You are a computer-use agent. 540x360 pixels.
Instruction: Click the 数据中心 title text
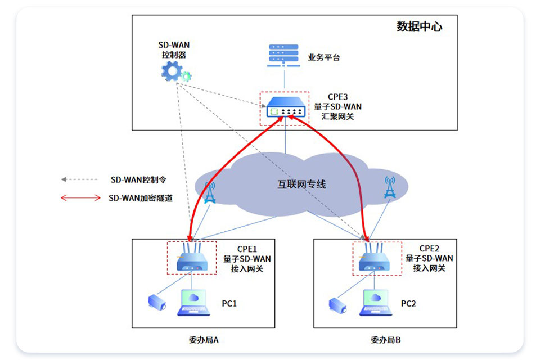[x=419, y=26]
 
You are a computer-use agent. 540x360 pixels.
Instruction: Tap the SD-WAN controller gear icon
[x=175, y=71]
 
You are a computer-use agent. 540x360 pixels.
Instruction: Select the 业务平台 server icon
[x=283, y=55]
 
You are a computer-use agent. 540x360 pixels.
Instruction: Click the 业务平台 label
[x=324, y=57]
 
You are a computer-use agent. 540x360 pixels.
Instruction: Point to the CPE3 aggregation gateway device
[x=286, y=107]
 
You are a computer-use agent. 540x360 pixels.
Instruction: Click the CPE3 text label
[x=337, y=97]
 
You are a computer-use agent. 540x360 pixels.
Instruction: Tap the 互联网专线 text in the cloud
[x=301, y=184]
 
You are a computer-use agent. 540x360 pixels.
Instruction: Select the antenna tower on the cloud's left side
[x=210, y=192]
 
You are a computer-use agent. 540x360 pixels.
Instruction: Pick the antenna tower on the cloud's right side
[x=390, y=187]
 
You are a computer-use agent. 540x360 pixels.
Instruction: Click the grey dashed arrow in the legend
[x=79, y=179]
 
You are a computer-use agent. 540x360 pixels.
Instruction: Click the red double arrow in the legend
[x=80, y=198]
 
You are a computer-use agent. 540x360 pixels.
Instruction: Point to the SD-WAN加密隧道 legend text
[x=141, y=198]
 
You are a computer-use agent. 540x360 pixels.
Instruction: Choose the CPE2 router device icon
[x=374, y=258]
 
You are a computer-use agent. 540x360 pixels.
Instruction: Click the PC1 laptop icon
[x=193, y=303]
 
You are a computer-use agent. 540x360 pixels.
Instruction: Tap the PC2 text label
[x=408, y=304]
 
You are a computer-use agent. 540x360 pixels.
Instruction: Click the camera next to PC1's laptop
[x=157, y=303]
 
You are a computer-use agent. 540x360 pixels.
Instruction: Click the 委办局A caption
[x=204, y=340]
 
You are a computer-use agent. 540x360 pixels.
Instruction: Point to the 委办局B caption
[x=386, y=340]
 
